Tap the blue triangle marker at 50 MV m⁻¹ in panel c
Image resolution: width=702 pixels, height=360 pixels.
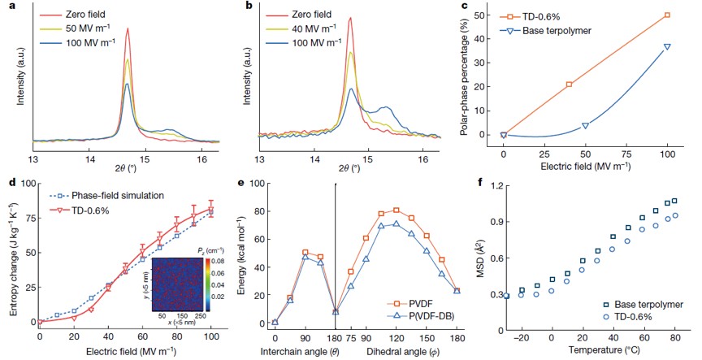coord(585,125)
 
